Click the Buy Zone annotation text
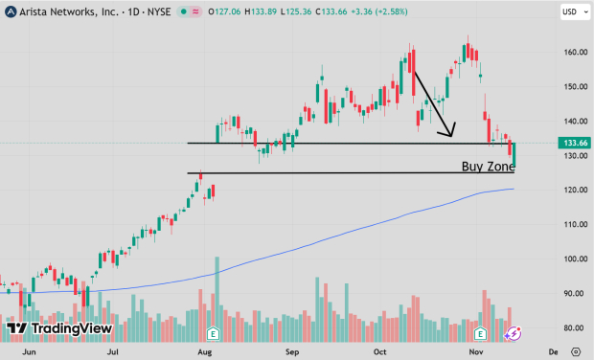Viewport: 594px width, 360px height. click(x=488, y=166)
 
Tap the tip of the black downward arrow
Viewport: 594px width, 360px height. click(x=451, y=136)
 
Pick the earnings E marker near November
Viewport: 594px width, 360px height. click(x=481, y=334)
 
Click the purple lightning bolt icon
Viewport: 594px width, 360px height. click(x=513, y=334)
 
